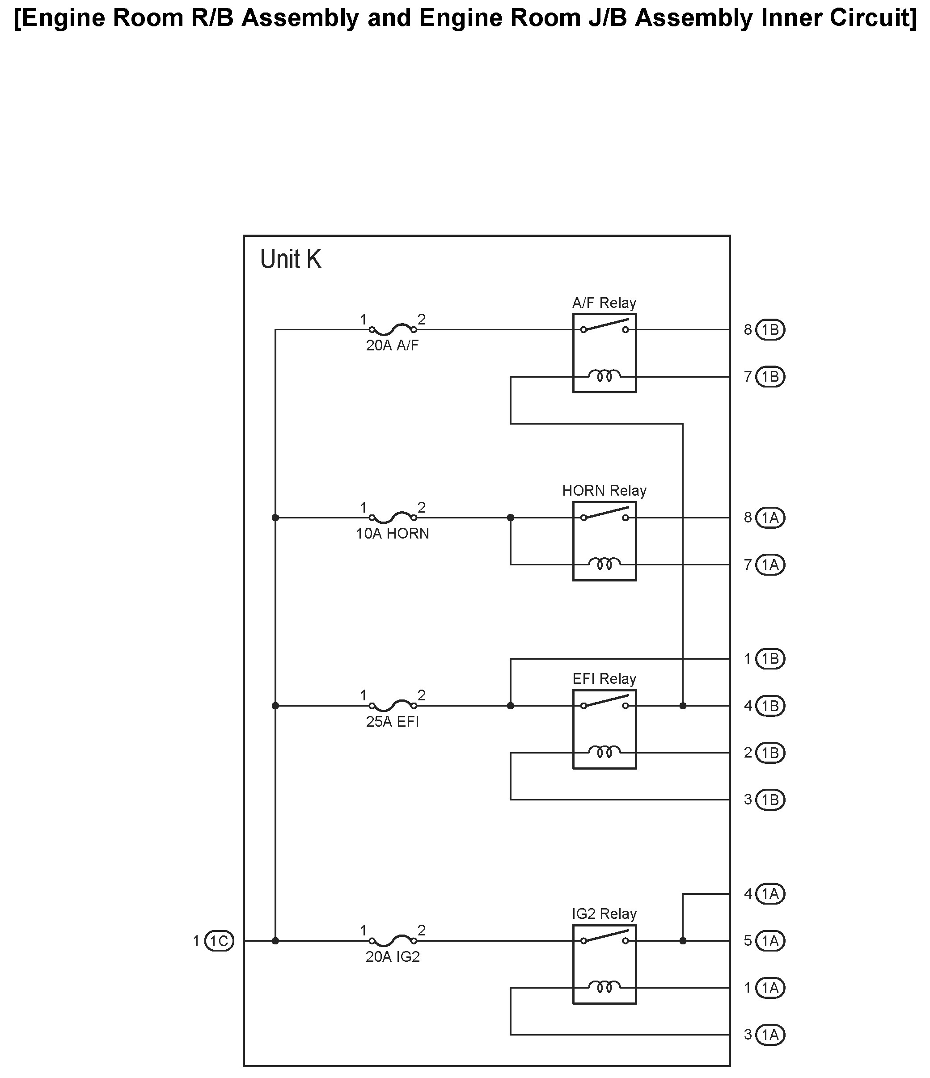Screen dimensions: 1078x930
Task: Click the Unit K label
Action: coord(290,259)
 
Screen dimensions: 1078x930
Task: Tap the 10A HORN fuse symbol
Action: coord(393,518)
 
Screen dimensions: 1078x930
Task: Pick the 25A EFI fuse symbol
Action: coord(393,706)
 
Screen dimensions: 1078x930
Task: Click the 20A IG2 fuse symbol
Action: coord(393,941)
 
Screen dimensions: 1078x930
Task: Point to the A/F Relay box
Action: coord(604,353)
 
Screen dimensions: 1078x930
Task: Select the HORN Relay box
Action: coord(604,541)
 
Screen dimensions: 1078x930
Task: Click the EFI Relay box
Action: coord(604,729)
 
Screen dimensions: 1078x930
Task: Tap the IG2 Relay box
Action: coord(604,964)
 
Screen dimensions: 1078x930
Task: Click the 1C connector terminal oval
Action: coord(219,941)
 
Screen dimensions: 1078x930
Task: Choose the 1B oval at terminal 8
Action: coord(769,330)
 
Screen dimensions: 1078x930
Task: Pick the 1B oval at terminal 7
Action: coord(769,377)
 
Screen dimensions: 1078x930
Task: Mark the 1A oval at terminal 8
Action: coord(769,518)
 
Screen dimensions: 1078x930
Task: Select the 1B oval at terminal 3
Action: coord(769,800)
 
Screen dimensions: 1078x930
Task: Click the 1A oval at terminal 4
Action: coord(769,894)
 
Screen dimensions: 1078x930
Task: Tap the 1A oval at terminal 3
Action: coord(769,1035)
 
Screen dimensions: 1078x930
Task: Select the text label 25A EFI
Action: coord(393,722)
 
